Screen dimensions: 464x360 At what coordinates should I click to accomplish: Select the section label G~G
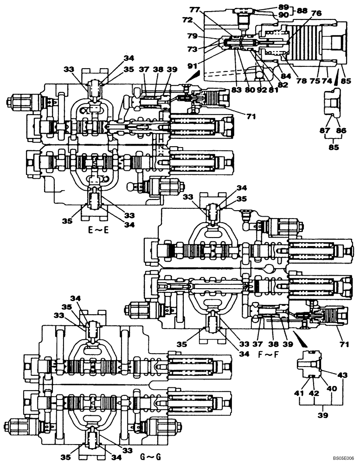click(x=152, y=457)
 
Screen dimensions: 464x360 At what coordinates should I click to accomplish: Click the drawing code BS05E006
click(x=342, y=458)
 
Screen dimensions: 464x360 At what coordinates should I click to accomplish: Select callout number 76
click(x=315, y=13)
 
